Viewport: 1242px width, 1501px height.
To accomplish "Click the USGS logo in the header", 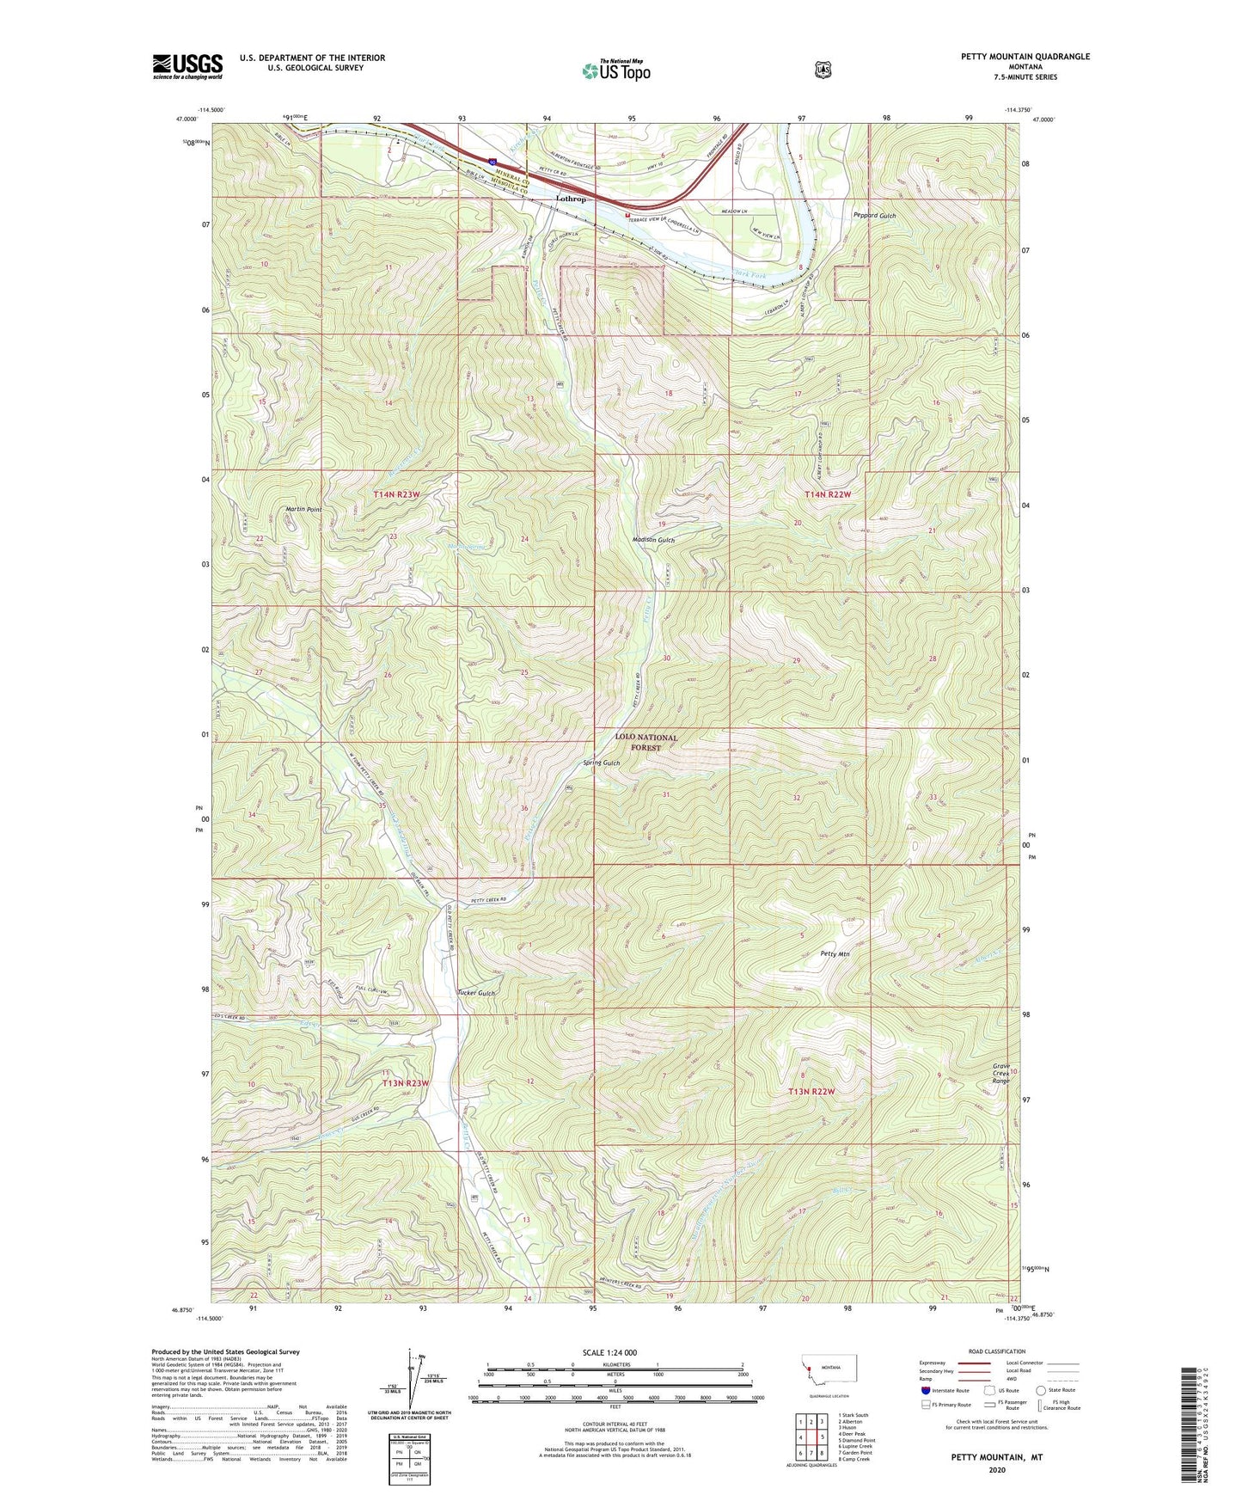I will tap(187, 66).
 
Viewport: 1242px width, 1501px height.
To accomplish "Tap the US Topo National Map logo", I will tap(615, 70).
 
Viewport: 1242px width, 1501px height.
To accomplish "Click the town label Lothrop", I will tap(571, 199).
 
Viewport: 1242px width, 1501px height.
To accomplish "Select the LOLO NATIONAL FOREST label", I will tap(645, 743).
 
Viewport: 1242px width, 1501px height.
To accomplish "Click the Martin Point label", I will tap(303, 510).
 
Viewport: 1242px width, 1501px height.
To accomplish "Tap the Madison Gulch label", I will tap(653, 540).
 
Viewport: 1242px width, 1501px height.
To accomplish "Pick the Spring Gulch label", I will tap(601, 763).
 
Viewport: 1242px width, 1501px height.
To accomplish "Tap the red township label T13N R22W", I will tap(811, 1092).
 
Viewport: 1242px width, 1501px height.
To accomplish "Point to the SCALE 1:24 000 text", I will tap(609, 1352).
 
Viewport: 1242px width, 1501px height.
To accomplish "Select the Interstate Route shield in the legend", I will tap(925, 1390).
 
